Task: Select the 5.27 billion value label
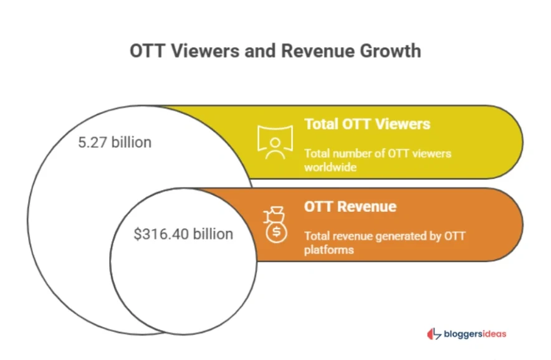(x=115, y=143)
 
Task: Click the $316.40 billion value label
(x=183, y=234)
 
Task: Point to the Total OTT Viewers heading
(x=367, y=124)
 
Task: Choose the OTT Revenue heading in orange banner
(x=350, y=206)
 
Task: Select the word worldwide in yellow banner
(x=330, y=168)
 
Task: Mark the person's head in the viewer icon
(x=275, y=141)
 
